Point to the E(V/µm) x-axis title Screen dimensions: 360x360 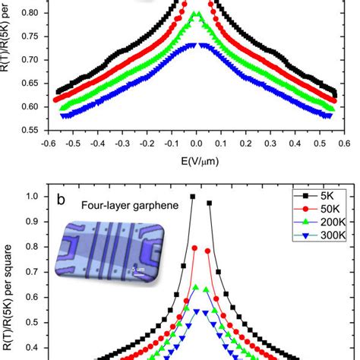(x=196, y=161)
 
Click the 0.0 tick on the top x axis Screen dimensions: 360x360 (x=196, y=141)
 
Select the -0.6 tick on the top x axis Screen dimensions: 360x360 (x=48, y=141)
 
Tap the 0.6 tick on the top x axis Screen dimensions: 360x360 (x=343, y=141)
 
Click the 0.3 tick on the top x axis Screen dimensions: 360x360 (x=270, y=141)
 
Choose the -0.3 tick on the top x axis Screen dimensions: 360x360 (x=122, y=141)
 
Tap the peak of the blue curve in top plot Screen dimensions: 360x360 (x=194, y=45)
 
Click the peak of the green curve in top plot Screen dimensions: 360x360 (x=195, y=14)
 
